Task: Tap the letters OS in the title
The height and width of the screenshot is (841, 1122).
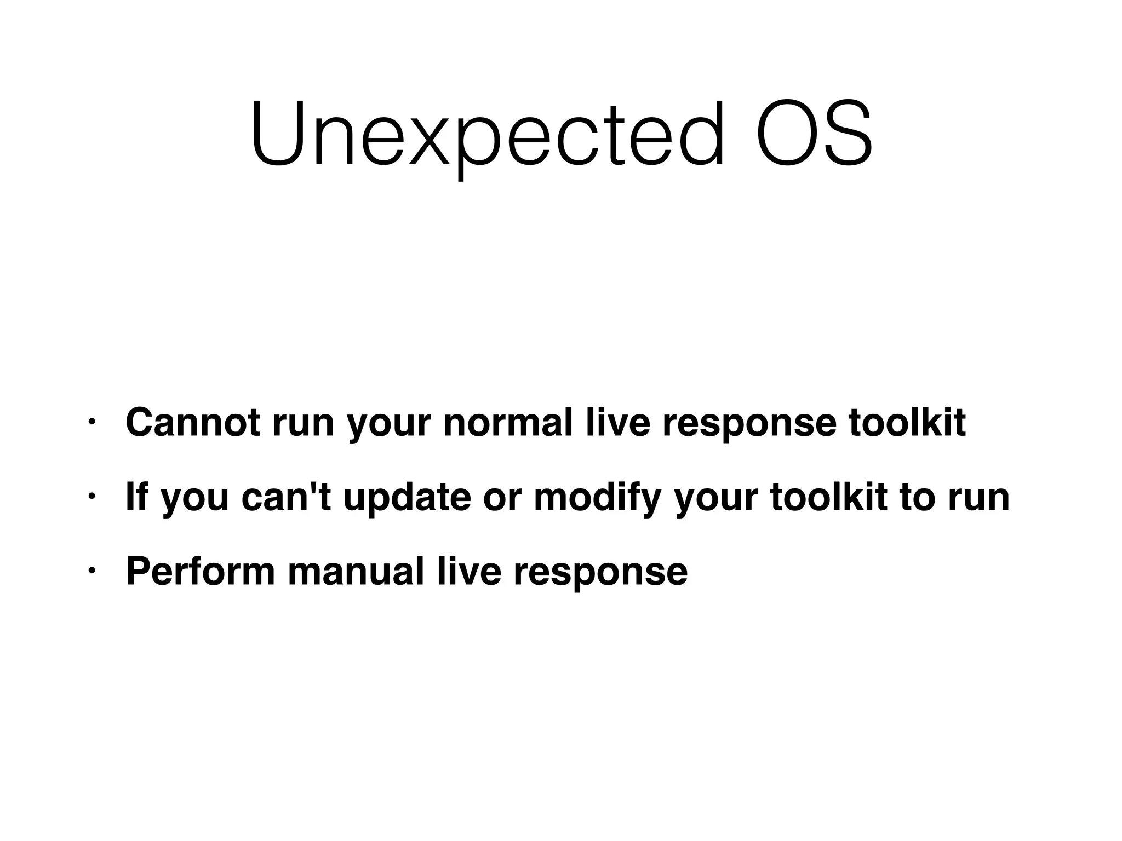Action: point(814,135)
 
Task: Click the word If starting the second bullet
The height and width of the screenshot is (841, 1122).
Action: point(136,497)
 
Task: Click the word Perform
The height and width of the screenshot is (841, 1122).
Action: point(201,571)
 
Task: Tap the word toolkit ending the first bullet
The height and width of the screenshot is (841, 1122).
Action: point(907,422)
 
